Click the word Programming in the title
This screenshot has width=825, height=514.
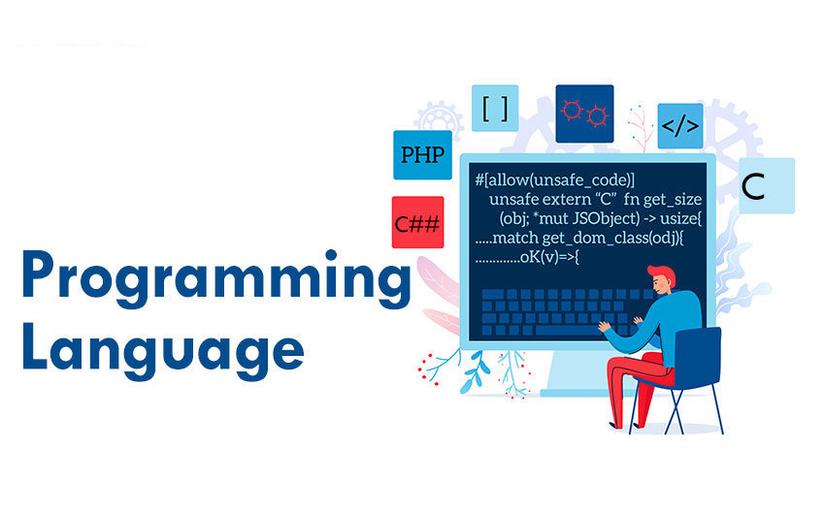pos(216,279)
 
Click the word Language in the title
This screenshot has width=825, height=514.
pos(163,349)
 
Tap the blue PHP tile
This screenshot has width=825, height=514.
pos(422,154)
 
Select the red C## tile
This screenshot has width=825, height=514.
pos(417,222)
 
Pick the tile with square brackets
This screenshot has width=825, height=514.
pos(495,109)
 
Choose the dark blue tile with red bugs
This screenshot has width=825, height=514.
pos(584,113)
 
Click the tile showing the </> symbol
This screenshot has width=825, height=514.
pos(680,126)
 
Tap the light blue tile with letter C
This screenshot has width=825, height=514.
pos(767,185)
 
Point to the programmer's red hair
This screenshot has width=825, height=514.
pos(663,274)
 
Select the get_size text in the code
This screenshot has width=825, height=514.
pos(673,200)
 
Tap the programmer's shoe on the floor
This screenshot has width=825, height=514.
pos(614,425)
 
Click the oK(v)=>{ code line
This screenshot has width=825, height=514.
pos(549,258)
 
